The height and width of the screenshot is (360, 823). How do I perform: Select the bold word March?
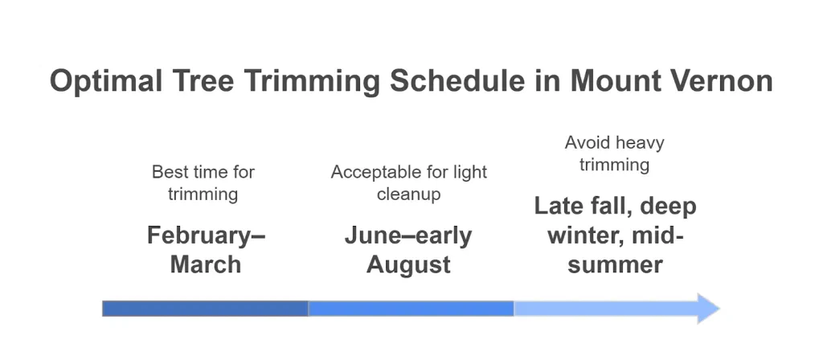click(206, 264)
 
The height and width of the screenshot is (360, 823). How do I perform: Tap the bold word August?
click(408, 264)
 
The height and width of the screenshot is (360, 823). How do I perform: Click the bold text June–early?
click(408, 235)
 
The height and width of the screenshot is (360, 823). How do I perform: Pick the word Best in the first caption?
click(169, 172)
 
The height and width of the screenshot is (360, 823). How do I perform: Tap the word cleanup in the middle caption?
click(409, 194)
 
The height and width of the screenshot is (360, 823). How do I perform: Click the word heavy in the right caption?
click(641, 143)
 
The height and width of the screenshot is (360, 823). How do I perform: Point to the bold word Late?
click(559, 207)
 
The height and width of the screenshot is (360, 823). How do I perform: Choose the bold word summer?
click(615, 264)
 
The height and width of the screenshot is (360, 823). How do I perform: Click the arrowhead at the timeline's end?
click(707, 309)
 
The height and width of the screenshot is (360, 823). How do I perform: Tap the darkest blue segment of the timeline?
click(205, 309)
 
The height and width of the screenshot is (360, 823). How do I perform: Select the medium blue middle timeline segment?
click(411, 309)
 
